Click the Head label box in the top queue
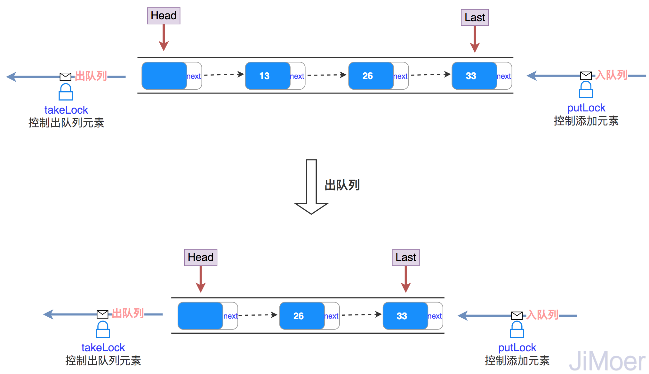click(x=164, y=16)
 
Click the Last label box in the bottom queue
click(x=406, y=257)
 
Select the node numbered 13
click(x=268, y=76)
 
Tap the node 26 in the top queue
click(x=371, y=76)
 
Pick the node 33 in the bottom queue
click(x=405, y=316)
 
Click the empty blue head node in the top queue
click(x=164, y=76)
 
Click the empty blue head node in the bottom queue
click(x=200, y=316)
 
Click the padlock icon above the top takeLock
click(x=66, y=92)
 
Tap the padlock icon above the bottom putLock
click(x=517, y=329)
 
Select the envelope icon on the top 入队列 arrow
click(x=586, y=76)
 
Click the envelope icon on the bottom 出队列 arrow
click(x=102, y=314)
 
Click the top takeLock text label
click(x=66, y=110)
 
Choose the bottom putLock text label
click(x=517, y=348)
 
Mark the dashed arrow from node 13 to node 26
click(x=326, y=75)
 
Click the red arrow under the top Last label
click(x=475, y=39)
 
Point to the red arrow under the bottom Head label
click(x=201, y=279)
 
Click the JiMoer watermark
click(x=607, y=361)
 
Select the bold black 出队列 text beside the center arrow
click(x=342, y=185)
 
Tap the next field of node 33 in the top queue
click(x=504, y=76)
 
